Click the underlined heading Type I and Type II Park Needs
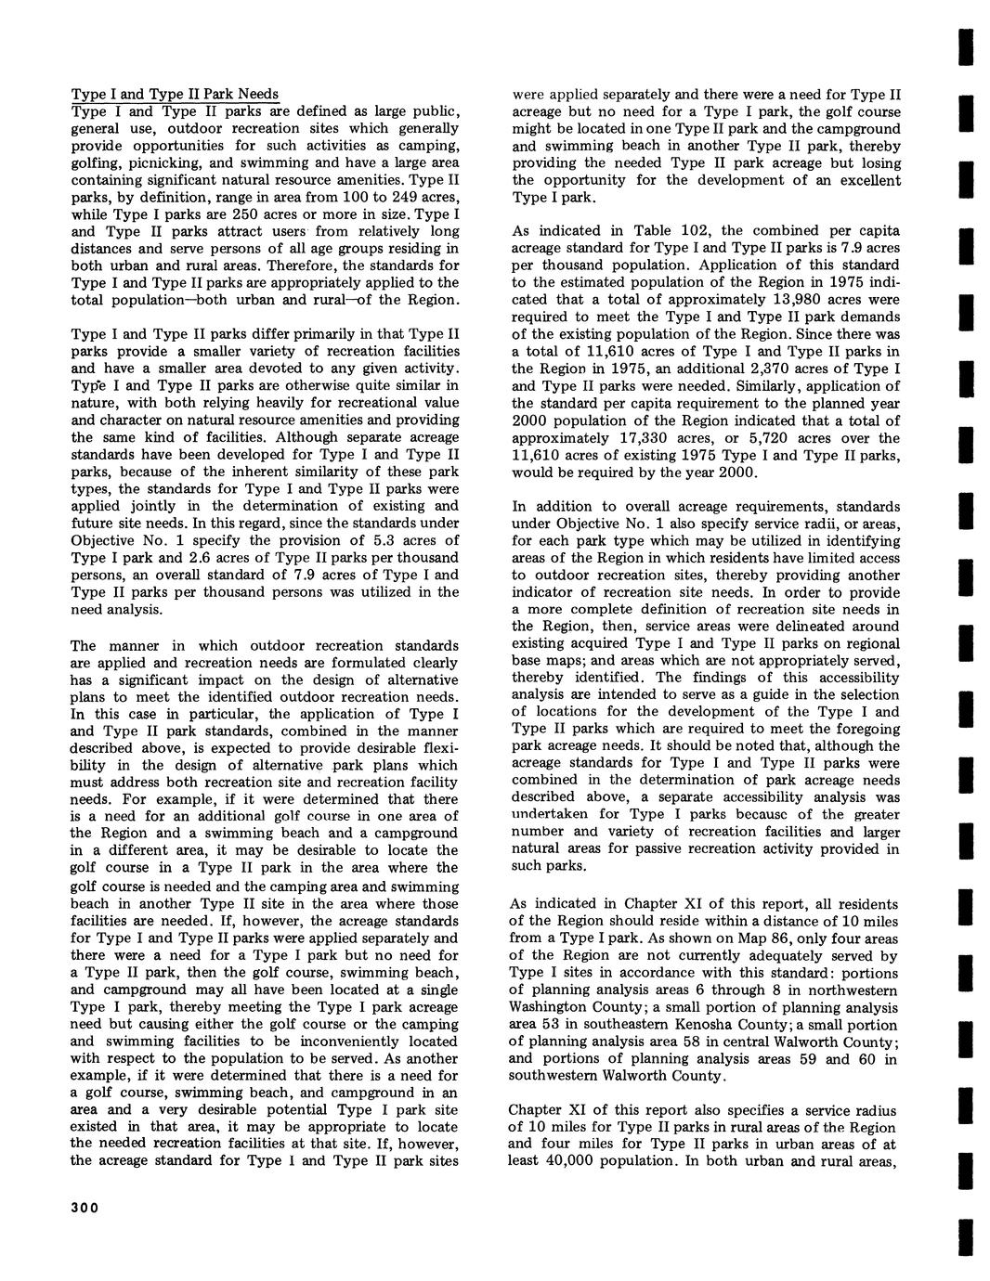pos(176,94)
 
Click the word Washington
pos(549,1007)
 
